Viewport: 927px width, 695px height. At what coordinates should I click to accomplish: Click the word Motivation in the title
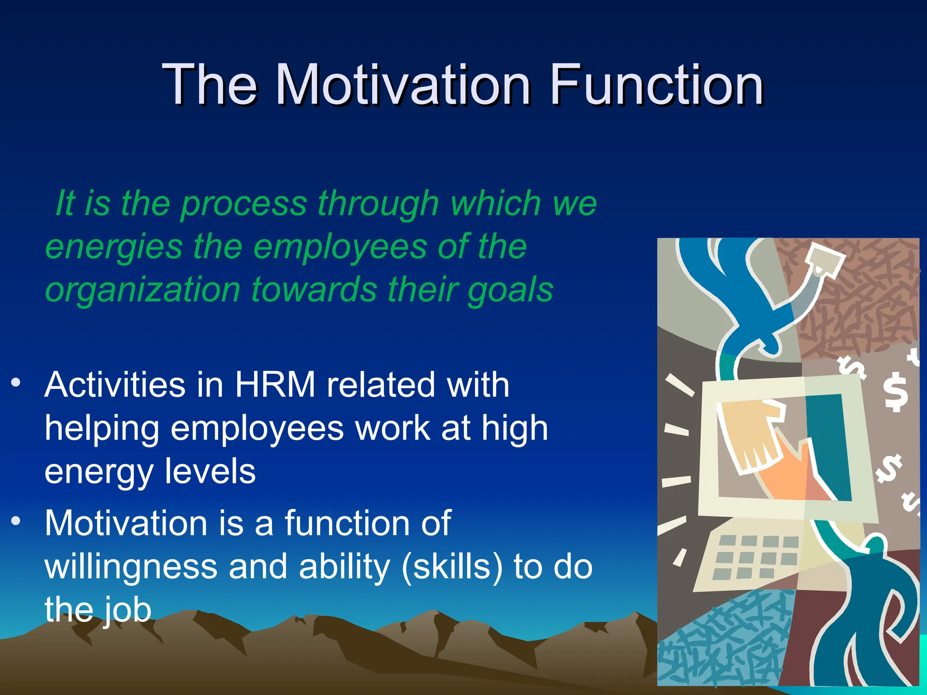pos(403,85)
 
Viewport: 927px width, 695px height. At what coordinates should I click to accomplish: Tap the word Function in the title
pos(656,85)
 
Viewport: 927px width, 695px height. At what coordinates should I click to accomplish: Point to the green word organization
pos(143,290)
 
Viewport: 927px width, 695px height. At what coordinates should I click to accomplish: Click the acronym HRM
pos(275,385)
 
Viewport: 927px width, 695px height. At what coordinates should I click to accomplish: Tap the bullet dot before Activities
pos(16,383)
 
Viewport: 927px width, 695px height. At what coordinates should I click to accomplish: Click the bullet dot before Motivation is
pos(16,521)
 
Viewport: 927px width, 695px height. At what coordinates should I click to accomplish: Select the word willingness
pos(131,567)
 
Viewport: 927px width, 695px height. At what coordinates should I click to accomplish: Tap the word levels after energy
pos(210,471)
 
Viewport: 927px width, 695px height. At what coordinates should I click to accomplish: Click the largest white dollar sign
pos(896,392)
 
